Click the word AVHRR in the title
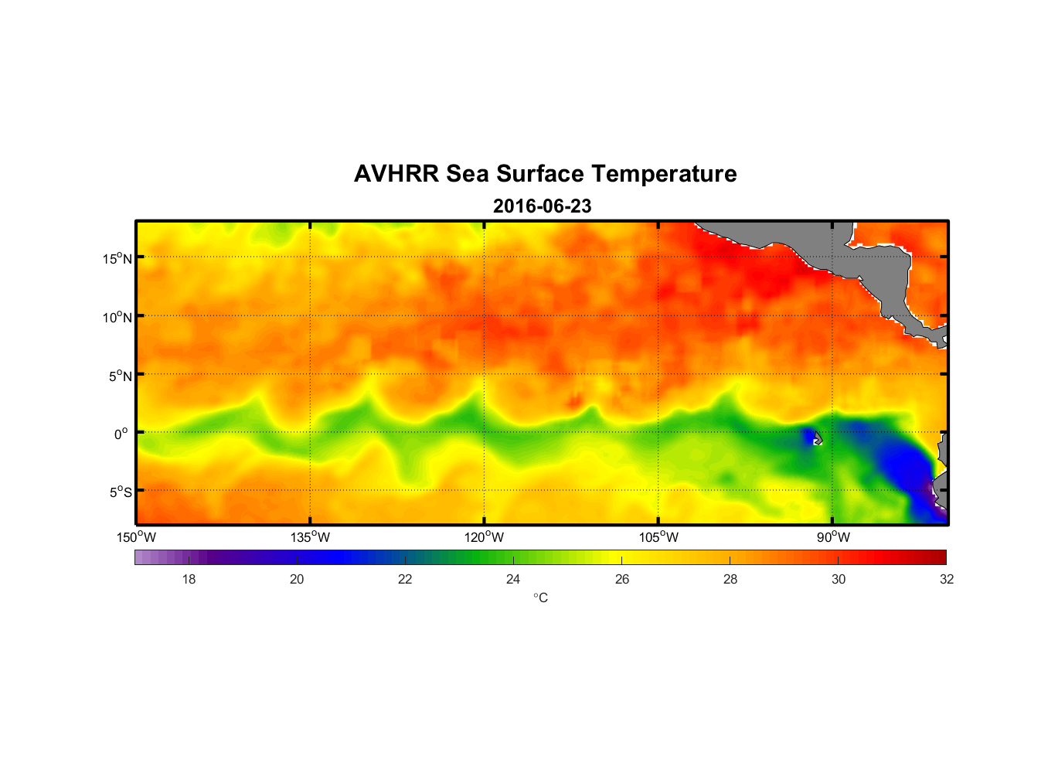(396, 174)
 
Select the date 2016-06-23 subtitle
(543, 206)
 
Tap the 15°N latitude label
(117, 258)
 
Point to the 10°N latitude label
(117, 317)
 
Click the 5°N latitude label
(120, 376)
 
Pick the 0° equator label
(121, 434)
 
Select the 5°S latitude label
(120, 492)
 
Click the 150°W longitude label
(137, 537)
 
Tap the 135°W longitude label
(311, 537)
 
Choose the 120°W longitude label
(485, 537)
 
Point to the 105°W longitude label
(658, 537)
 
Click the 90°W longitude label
(833, 537)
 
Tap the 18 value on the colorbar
(189, 579)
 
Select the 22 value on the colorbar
(405, 579)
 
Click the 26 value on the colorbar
(622, 579)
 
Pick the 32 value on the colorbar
(947, 579)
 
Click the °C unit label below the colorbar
(540, 598)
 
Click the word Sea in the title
(468, 174)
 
